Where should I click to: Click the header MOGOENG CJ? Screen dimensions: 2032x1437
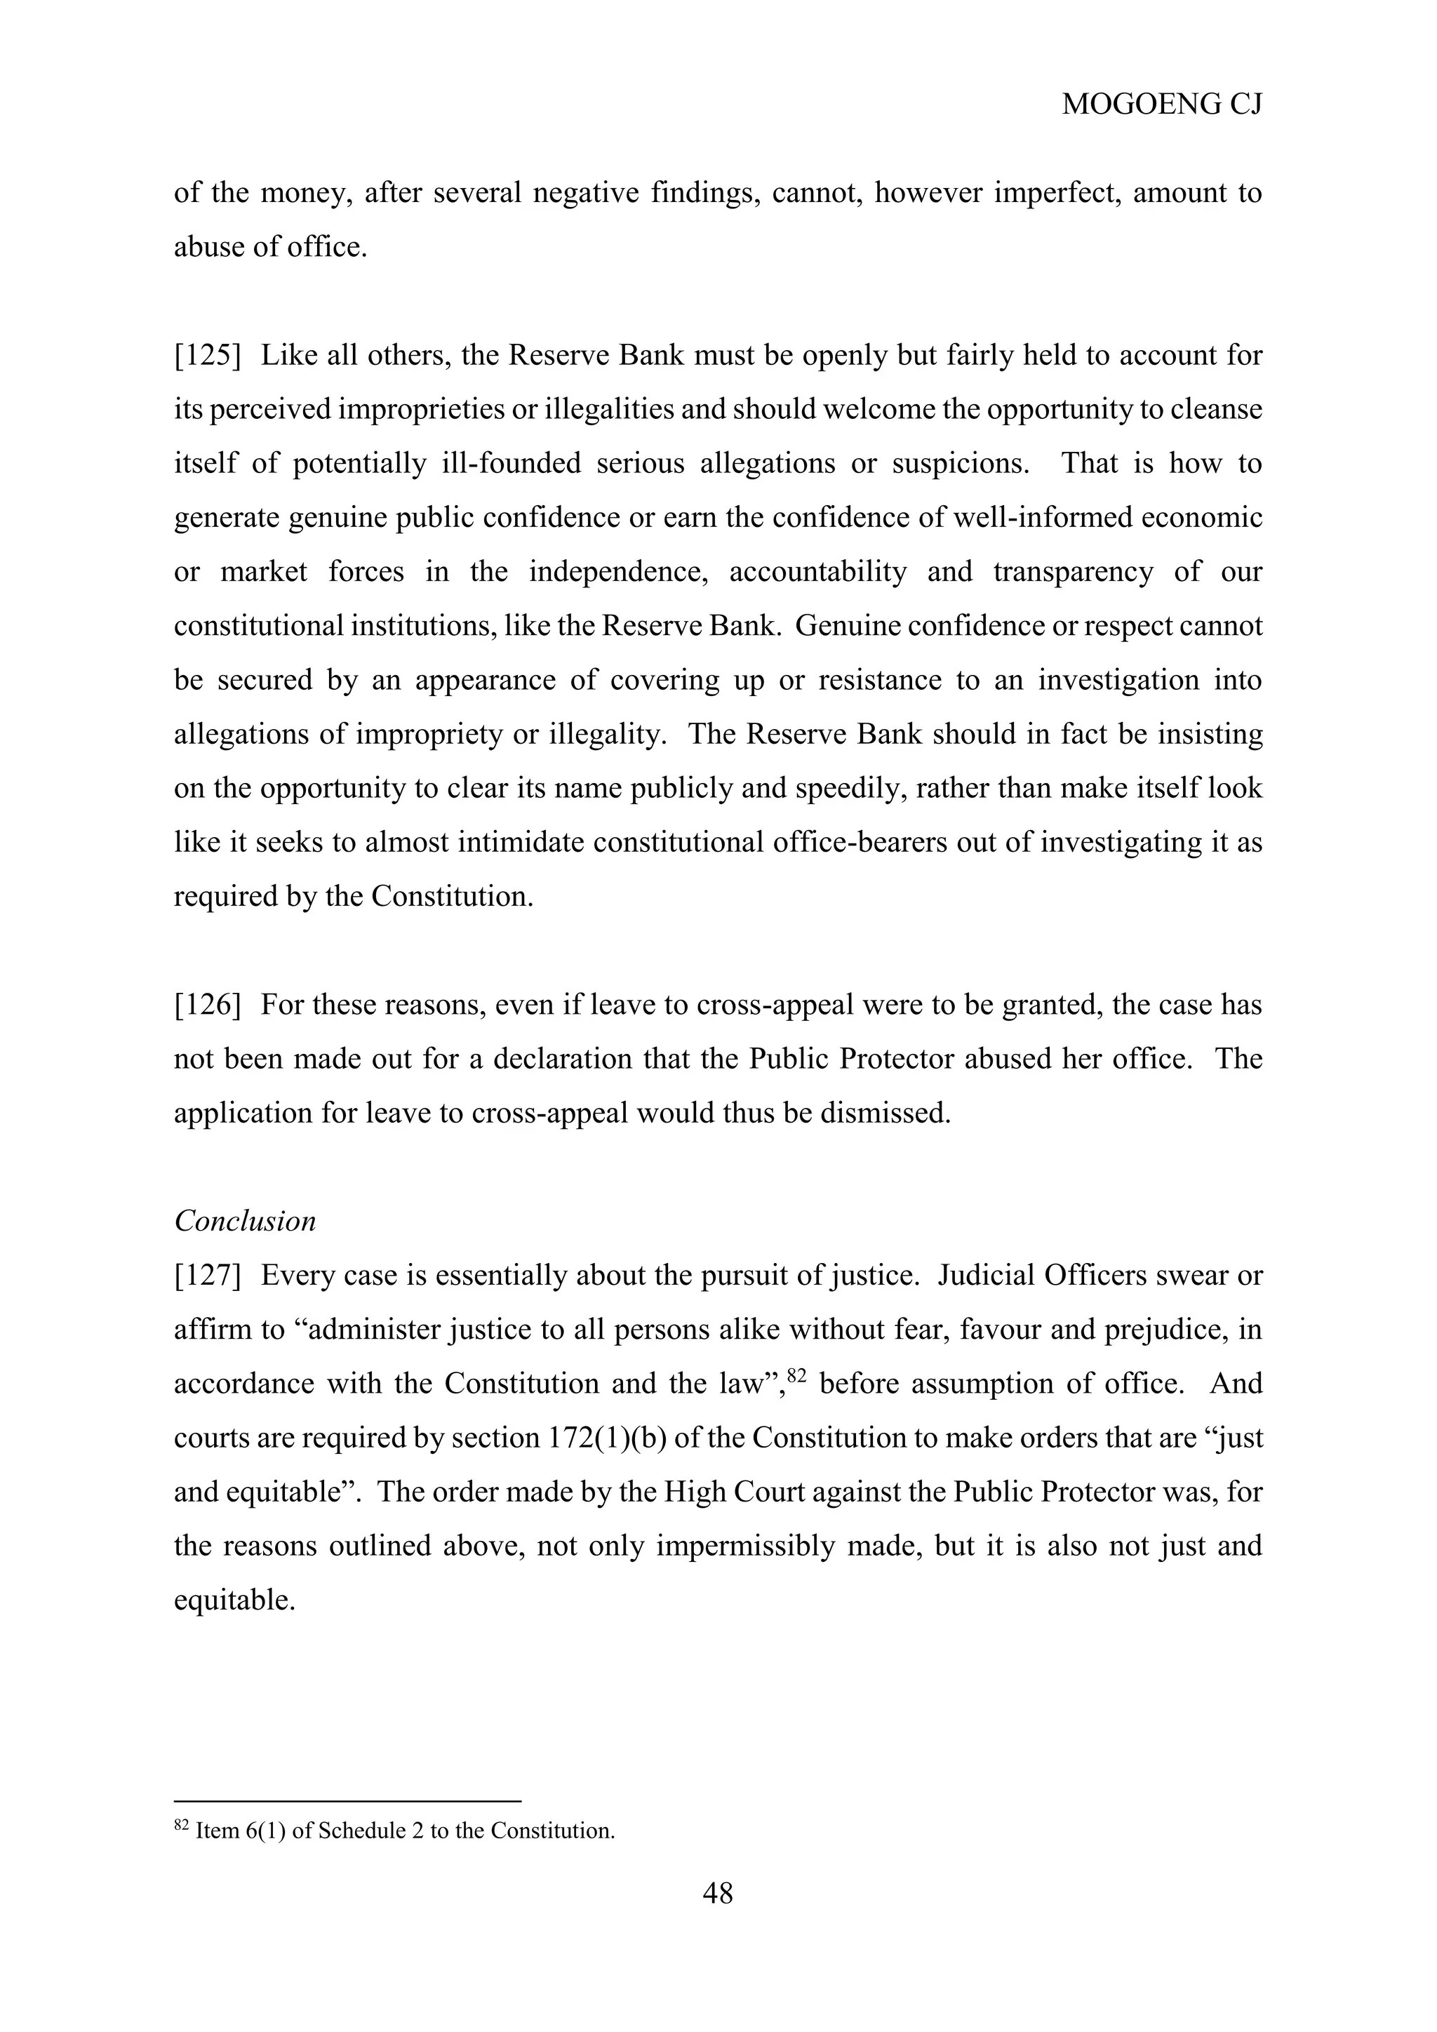click(x=1162, y=105)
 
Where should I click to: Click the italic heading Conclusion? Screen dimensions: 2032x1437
click(x=245, y=1222)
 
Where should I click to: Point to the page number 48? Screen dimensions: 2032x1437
click(x=718, y=1893)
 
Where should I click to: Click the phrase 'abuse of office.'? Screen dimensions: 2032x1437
click(x=270, y=247)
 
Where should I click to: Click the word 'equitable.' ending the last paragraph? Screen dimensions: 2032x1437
click(x=234, y=1600)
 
